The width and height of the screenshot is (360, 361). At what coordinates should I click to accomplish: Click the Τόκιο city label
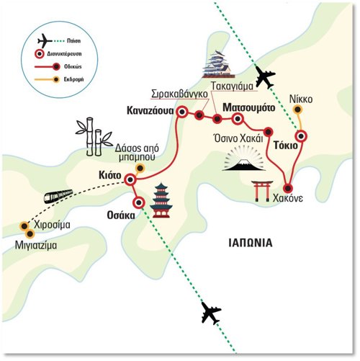286,146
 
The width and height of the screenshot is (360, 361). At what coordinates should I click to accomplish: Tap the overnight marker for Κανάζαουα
182,112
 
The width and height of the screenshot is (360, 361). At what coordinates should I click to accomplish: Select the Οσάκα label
121,215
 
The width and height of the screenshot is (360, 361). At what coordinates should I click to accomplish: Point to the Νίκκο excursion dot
298,110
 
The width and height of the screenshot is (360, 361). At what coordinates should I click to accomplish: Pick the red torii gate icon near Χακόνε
262,191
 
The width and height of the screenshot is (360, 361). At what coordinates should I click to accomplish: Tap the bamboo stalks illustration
94,136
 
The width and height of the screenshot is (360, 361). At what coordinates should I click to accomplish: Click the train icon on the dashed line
58,196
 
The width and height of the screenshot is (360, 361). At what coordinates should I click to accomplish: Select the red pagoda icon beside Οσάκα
161,200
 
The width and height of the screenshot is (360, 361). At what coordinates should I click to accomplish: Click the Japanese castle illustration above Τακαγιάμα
217,64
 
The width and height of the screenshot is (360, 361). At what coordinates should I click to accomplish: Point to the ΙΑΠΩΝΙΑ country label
251,243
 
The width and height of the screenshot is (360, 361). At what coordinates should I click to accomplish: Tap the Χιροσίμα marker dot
24,226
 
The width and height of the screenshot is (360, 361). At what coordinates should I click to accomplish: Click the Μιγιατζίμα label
36,246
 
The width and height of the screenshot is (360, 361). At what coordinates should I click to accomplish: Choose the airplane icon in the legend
45,41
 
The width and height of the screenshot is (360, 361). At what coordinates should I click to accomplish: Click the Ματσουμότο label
249,107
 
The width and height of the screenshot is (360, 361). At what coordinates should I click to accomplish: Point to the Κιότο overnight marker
130,179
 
